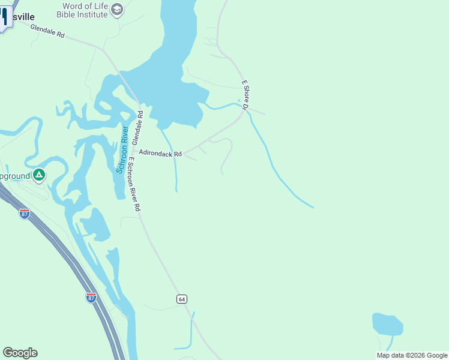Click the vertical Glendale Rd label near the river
click(x=138, y=127)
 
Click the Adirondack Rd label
click(x=160, y=154)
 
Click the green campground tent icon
click(x=39, y=175)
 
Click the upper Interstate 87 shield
click(x=25, y=214)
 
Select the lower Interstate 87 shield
click(x=91, y=298)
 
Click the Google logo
click(x=20, y=353)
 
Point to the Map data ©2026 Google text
click(x=412, y=355)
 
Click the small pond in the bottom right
click(x=387, y=324)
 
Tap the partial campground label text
click(x=14, y=176)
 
